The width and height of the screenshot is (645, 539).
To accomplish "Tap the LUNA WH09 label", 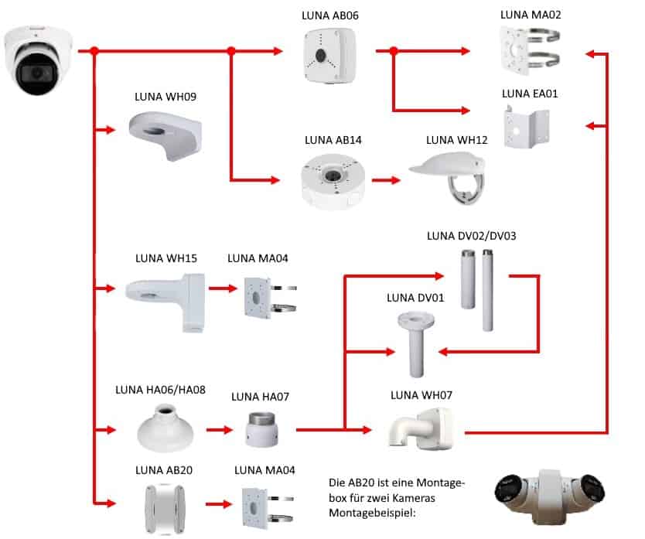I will (x=166, y=98).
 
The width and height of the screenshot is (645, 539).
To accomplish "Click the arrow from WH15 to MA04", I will (x=223, y=289).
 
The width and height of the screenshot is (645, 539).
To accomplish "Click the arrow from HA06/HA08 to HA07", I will (x=219, y=428).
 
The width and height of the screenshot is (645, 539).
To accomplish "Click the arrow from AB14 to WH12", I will (x=386, y=181).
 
